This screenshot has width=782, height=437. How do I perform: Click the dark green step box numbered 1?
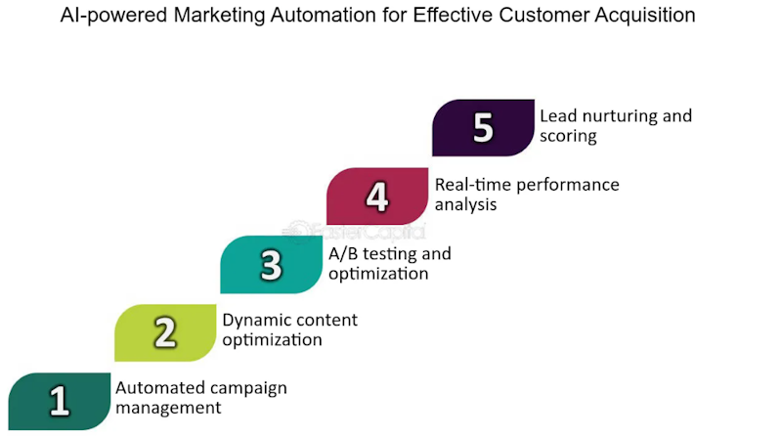(x=60, y=401)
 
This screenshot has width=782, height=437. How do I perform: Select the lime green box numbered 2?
(x=165, y=332)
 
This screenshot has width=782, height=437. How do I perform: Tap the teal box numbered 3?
(x=272, y=264)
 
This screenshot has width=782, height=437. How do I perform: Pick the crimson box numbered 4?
(x=377, y=197)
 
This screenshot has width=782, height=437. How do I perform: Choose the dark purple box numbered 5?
(x=483, y=128)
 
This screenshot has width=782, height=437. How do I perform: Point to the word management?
(x=168, y=408)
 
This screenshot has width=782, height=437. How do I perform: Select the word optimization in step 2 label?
(x=273, y=340)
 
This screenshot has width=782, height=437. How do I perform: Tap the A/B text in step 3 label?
(x=343, y=254)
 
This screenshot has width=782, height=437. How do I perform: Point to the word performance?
(x=568, y=186)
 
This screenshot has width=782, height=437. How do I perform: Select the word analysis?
(x=466, y=205)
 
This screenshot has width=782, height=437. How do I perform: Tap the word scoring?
(x=568, y=137)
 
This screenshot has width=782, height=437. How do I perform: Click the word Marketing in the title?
(x=219, y=16)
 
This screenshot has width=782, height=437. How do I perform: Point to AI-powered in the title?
(x=113, y=16)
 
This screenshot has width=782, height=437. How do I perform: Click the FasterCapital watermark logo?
(x=354, y=232)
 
